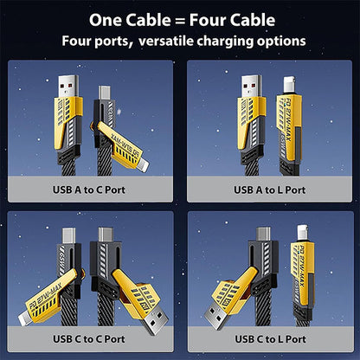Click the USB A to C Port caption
click(x=90, y=189)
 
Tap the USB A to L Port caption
click(x=269, y=189)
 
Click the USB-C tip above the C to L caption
click(x=264, y=235)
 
